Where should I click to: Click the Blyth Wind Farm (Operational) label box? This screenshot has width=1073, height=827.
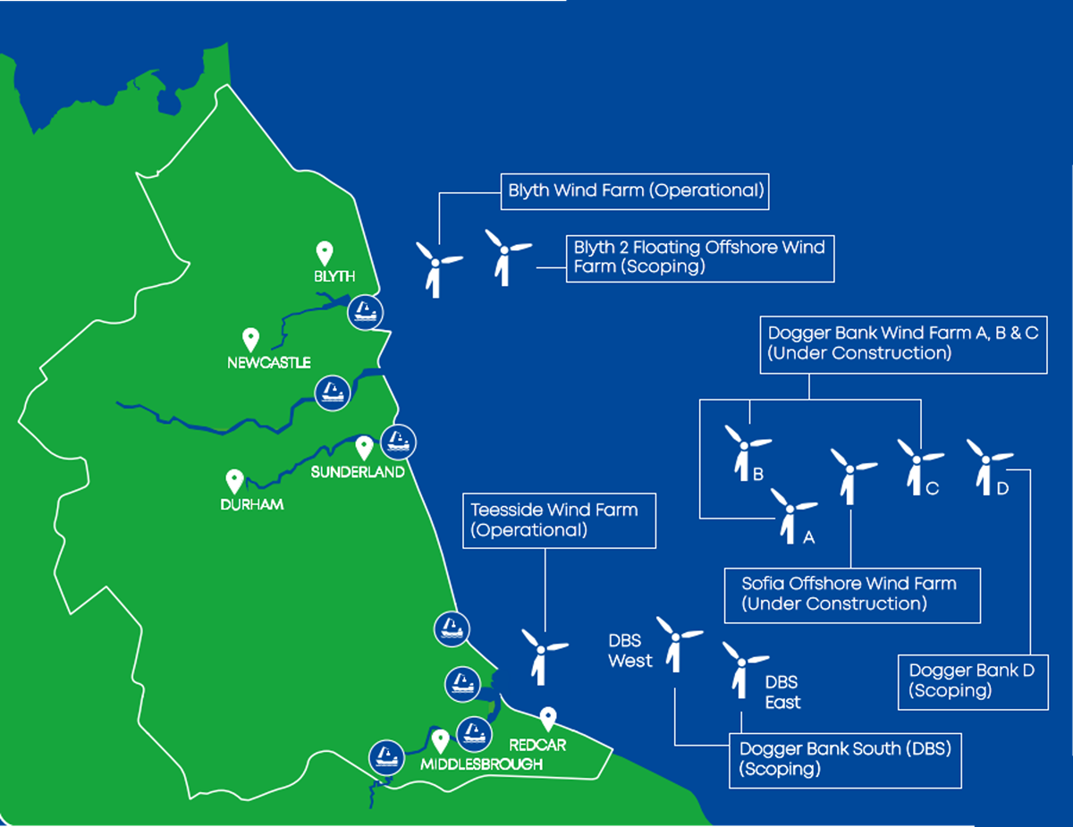635,190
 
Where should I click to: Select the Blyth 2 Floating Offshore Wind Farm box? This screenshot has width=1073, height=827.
700,257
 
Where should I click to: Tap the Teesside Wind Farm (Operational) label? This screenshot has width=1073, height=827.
559,520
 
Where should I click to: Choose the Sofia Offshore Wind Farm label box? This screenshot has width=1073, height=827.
852,594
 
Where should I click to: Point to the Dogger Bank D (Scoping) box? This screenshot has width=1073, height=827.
972,680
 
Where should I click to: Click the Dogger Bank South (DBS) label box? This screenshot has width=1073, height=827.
845,759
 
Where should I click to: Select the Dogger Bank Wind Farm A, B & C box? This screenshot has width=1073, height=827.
903,342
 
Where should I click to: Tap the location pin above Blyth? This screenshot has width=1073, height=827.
325,253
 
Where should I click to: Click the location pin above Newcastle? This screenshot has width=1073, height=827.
251,339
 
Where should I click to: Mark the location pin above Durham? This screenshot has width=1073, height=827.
235,482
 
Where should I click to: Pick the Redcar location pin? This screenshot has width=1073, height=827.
549,718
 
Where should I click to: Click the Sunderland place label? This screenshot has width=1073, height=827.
358,472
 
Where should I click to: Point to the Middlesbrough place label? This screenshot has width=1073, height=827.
483,764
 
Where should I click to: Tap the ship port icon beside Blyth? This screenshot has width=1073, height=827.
365,311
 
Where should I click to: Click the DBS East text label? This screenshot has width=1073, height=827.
782,693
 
